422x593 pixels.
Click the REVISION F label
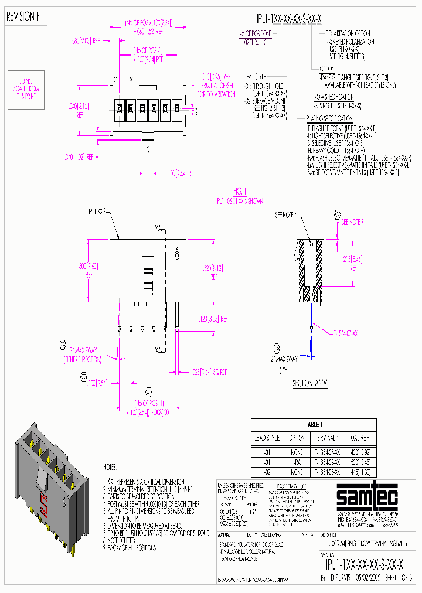23,16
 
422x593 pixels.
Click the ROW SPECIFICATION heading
334,97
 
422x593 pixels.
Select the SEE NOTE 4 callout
287,215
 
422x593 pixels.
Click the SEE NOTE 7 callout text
353,223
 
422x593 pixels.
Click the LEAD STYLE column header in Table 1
267,438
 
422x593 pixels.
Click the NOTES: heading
111,467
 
